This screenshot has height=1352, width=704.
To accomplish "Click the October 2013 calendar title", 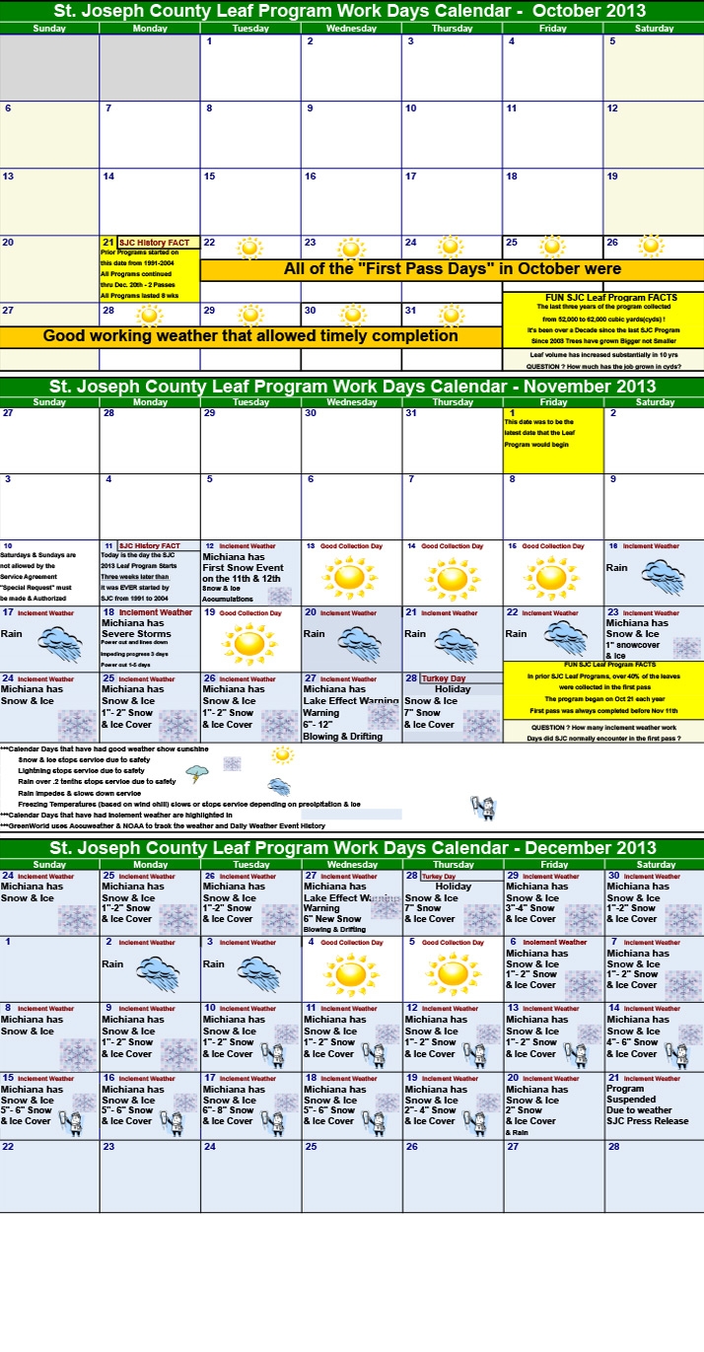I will [x=351, y=11].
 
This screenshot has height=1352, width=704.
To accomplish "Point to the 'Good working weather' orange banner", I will [x=250, y=336].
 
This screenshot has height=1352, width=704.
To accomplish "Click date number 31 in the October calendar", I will [x=410, y=310].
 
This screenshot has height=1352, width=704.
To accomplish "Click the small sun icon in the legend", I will [x=282, y=754].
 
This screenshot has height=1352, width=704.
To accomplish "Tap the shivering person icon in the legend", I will [x=483, y=809].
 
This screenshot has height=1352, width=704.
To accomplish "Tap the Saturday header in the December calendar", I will [x=655, y=864].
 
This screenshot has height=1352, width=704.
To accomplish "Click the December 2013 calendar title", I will [x=351, y=848].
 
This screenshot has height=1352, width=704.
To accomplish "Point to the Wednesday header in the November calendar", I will [x=352, y=401].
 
